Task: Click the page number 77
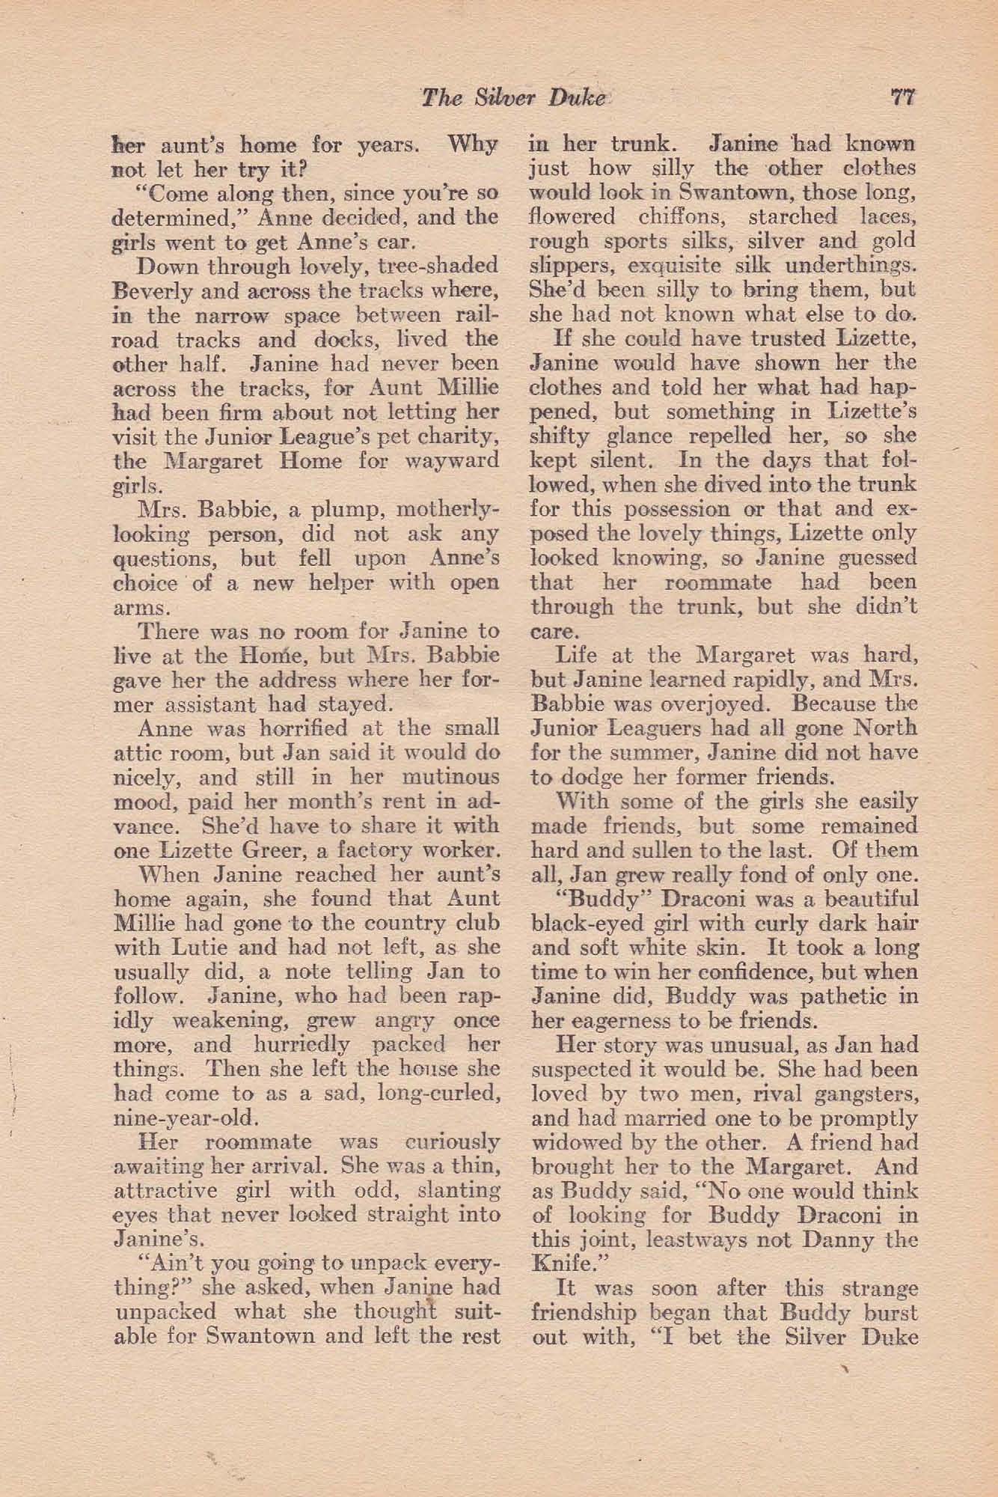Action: [903, 98]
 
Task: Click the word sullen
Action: [658, 850]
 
